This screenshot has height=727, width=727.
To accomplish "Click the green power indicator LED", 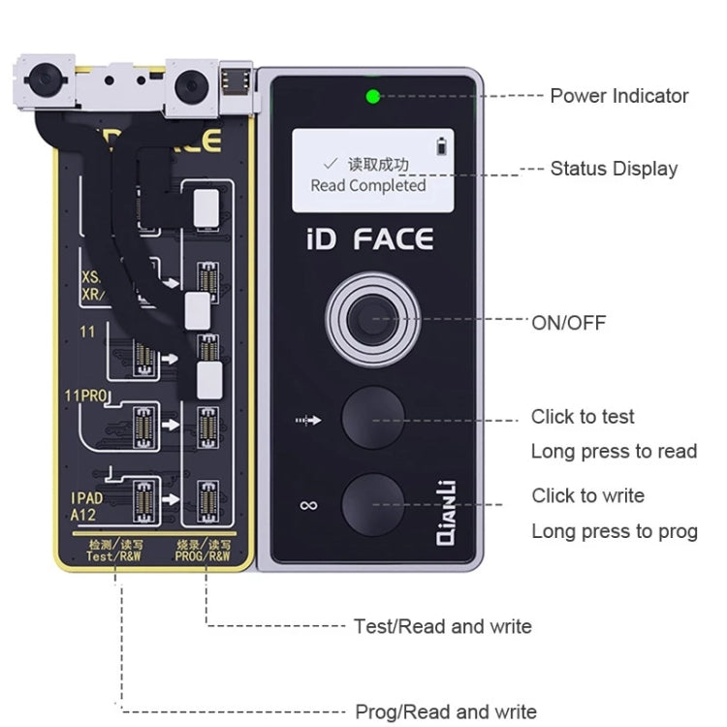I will pyautogui.click(x=372, y=96).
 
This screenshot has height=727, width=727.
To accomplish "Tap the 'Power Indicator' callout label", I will pyautogui.click(x=618, y=96).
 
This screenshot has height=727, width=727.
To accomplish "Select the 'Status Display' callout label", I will pyautogui.click(x=614, y=169).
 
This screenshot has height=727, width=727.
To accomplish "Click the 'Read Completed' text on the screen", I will pyautogui.click(x=367, y=185).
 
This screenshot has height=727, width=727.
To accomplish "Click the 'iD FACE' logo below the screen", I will pyautogui.click(x=371, y=239).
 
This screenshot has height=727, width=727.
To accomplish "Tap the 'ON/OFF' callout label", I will pyautogui.click(x=568, y=323).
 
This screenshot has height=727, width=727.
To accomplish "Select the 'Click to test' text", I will pyautogui.click(x=583, y=417).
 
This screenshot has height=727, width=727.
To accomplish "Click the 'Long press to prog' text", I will pyautogui.click(x=614, y=531).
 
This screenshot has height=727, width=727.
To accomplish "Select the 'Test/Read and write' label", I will pyautogui.click(x=442, y=626).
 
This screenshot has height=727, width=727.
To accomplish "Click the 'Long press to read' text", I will pyautogui.click(x=614, y=452).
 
